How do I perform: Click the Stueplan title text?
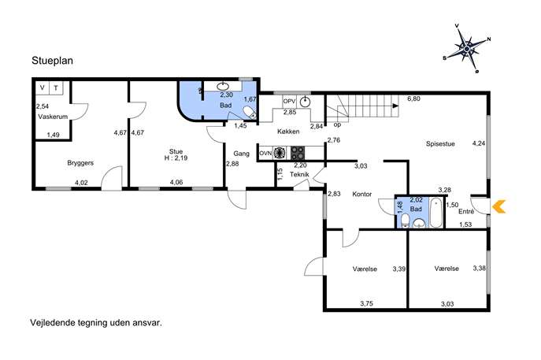(53, 61)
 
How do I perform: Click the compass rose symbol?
(467, 48)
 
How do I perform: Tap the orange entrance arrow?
(499, 206)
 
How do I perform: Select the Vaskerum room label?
(53, 117)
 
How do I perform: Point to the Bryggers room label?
(80, 163)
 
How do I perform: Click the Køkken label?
(288, 132)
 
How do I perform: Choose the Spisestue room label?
(440, 144)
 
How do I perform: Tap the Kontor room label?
(362, 195)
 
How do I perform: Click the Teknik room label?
(299, 175)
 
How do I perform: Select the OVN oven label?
(265, 154)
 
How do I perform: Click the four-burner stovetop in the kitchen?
(298, 153)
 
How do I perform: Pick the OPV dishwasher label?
(289, 102)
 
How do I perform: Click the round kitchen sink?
(305, 102)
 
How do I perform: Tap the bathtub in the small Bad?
(435, 213)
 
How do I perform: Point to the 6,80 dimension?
(413, 98)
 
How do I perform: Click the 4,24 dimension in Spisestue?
(479, 143)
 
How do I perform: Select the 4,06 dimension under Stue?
(176, 183)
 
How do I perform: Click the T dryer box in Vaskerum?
(56, 88)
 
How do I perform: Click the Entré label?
(465, 212)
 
